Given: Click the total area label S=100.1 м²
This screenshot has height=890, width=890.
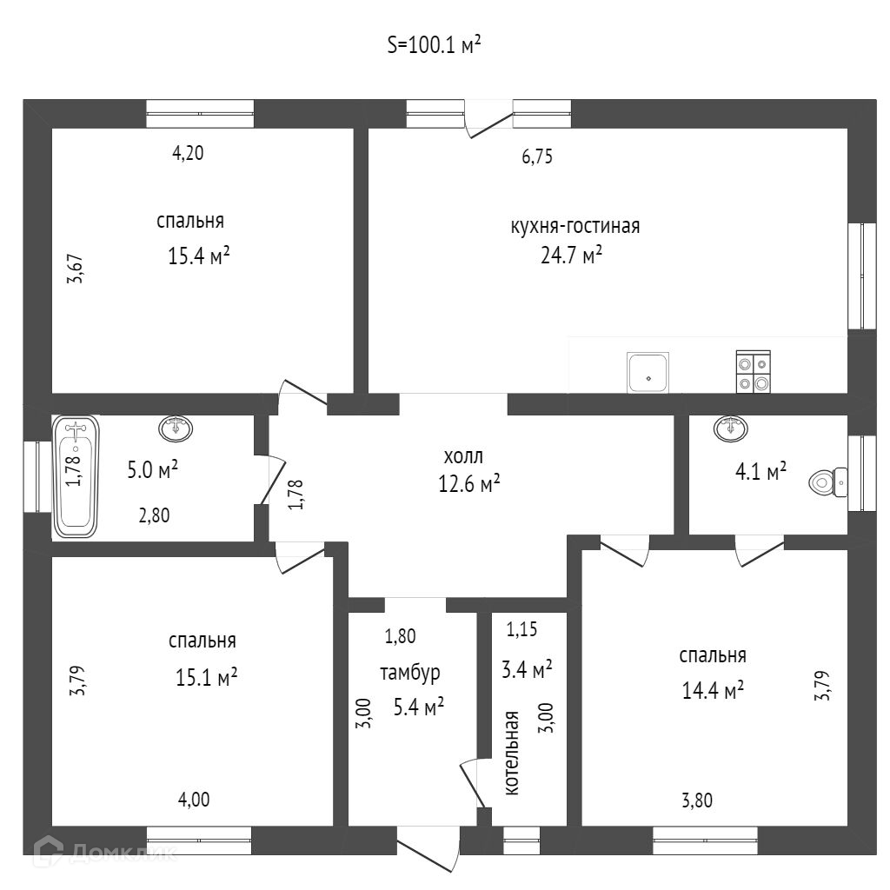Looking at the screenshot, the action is pos(435,45).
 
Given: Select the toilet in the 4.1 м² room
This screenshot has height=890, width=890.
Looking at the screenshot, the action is pos(827,482).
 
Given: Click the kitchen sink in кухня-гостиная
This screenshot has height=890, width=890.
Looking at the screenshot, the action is pos(648,372).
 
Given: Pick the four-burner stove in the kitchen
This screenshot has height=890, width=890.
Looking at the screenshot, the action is pos(754,372).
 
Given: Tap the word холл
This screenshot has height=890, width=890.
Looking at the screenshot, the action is pos(463,455).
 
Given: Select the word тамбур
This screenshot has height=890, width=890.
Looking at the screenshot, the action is pos(410,673).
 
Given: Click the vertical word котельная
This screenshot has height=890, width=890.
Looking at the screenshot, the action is pos(512,753).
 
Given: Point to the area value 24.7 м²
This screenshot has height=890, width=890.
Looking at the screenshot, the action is pos(571,255).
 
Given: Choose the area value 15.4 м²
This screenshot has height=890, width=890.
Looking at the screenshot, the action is pos(199,256).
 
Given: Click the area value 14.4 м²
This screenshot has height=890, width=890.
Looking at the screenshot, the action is pos(713,690).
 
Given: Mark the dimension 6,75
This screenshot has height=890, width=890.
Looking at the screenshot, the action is pos(537,156).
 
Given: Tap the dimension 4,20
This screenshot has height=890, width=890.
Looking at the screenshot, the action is pos(188,153).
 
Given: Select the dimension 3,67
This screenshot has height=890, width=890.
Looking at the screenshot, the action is pos(76,269).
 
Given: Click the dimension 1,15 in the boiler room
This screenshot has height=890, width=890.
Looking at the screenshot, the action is pos(521,629).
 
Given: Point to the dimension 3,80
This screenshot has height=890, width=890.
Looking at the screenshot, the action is pos(697,800).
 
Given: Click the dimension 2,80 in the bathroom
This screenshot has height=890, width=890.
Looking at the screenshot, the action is pos(155,515).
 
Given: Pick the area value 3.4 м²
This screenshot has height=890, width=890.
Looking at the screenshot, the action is pos(527,669).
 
